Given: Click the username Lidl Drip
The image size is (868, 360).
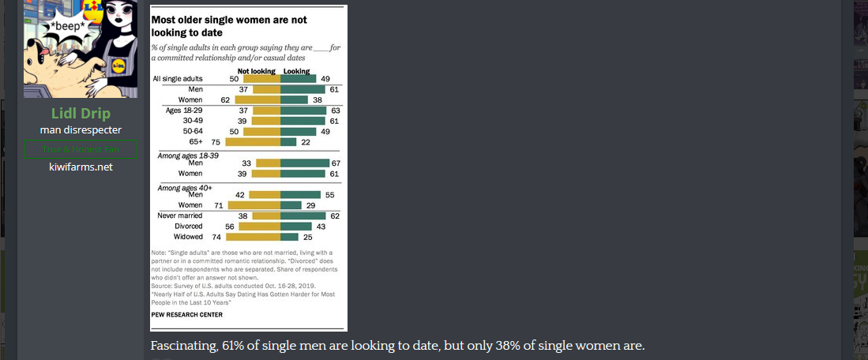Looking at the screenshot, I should point(81,113).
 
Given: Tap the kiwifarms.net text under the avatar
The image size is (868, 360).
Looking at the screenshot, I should point(81,167).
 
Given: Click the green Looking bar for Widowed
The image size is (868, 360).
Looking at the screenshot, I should point(289,236).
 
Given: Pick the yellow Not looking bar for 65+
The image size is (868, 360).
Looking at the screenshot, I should point(253,141).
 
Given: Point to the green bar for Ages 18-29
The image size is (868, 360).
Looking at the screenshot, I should point(302,111).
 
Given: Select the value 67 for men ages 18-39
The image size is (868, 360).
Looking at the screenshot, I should point(334,163).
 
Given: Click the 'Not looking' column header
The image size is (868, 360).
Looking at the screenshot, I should point(257,71).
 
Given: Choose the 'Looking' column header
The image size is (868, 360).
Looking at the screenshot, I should point(296,71).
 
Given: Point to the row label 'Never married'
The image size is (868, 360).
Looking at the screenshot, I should point(180,215).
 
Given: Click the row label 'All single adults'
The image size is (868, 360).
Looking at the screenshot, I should point(178,79).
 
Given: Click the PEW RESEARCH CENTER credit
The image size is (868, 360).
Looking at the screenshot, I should point(186,314).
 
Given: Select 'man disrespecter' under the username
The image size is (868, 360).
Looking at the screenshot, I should point(81,129).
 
